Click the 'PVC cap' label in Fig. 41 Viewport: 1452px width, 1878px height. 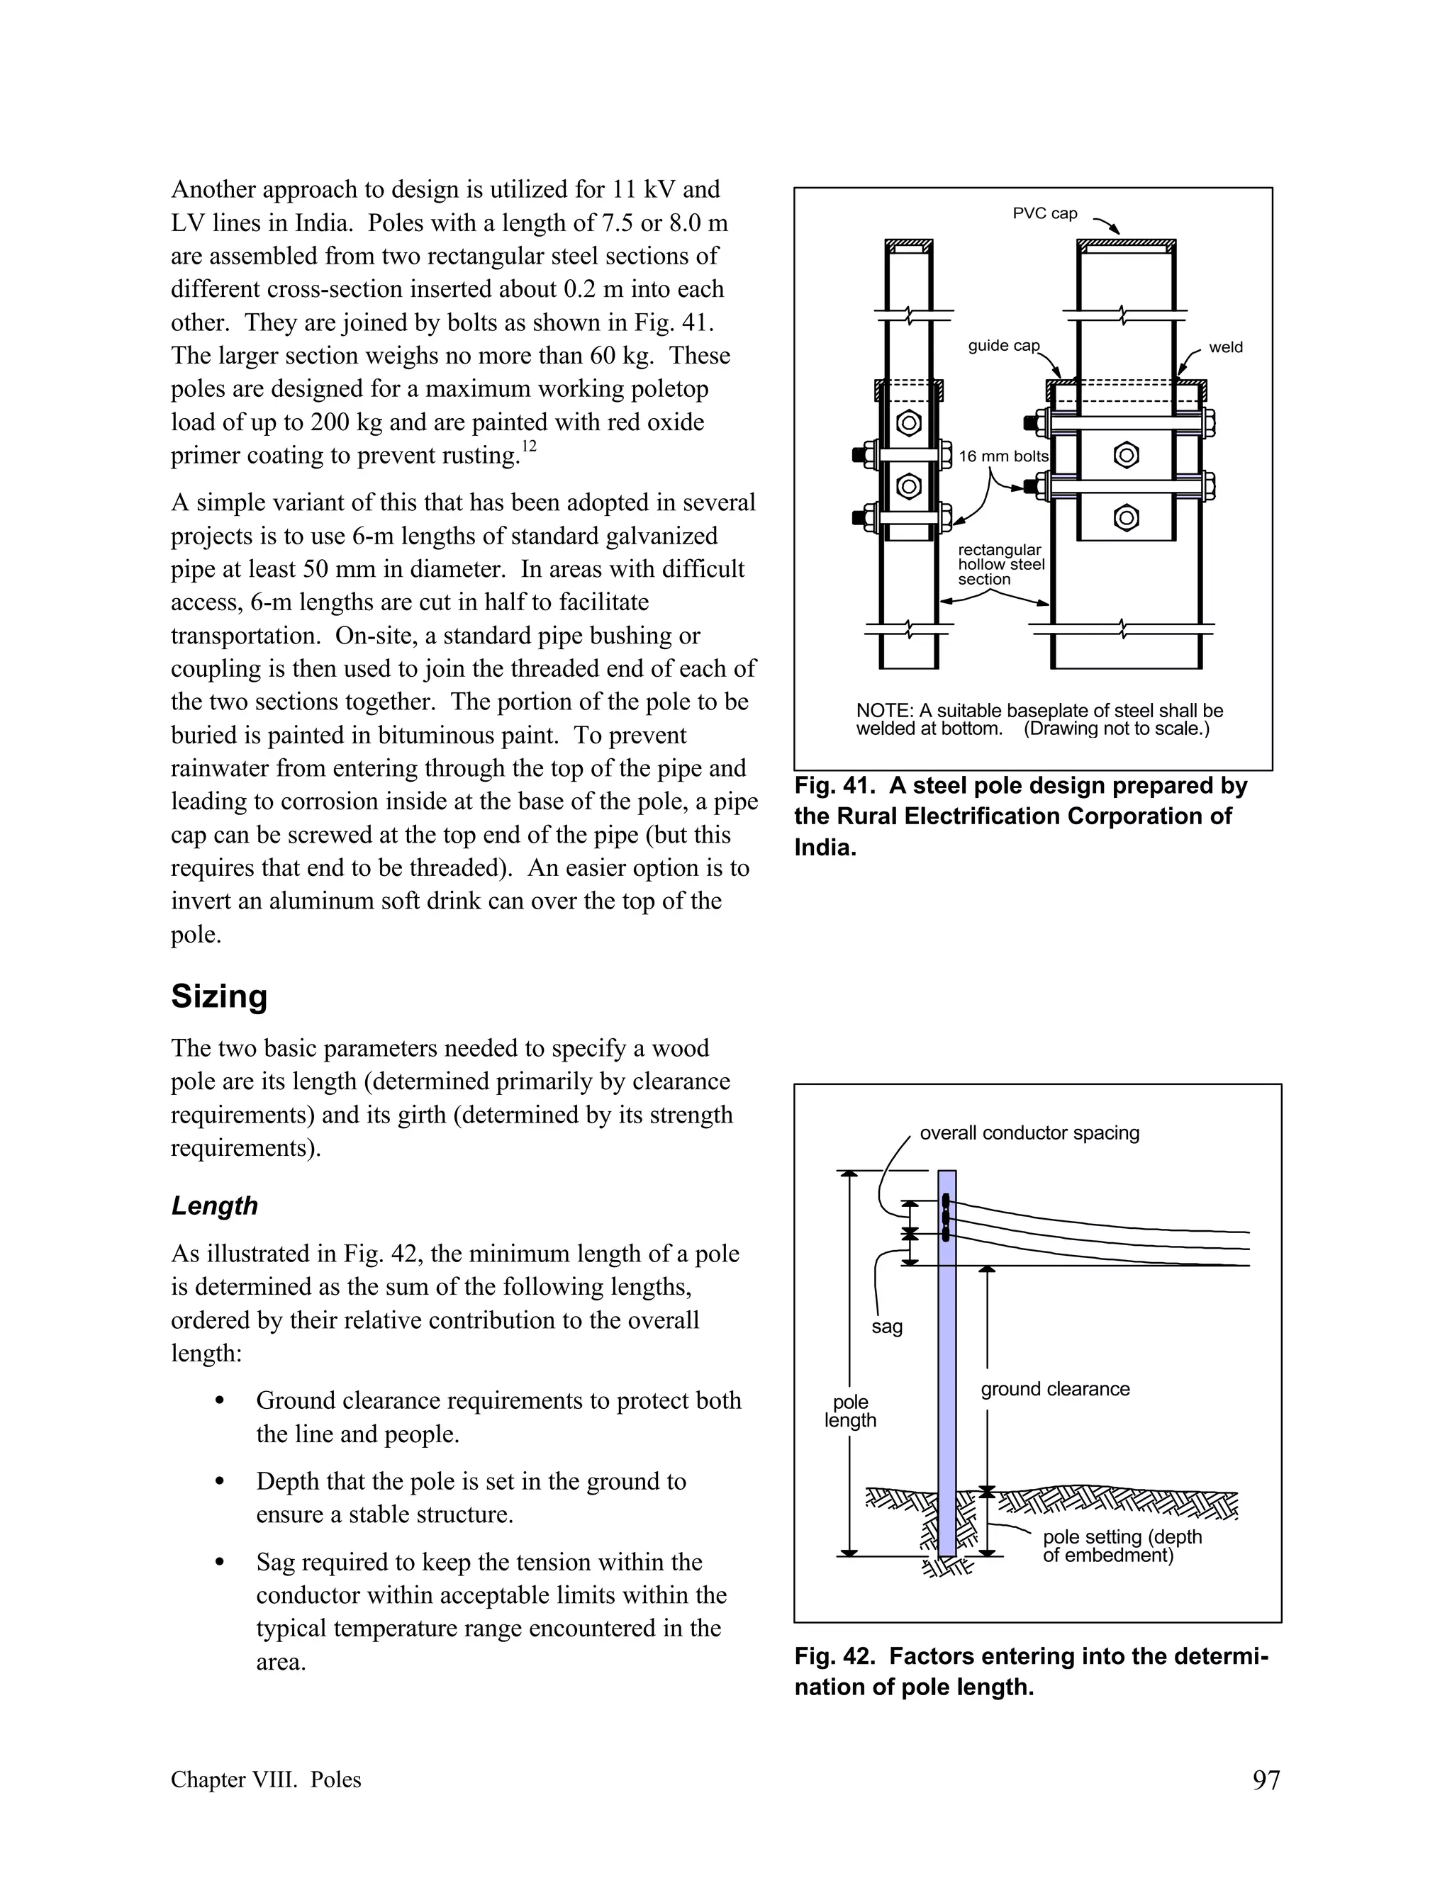[1044, 213]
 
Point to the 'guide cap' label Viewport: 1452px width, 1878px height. [1003, 346]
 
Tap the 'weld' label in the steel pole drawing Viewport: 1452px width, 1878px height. [1225, 347]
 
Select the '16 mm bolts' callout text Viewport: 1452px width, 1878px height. [1003, 456]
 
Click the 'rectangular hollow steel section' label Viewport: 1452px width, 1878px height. [1000, 565]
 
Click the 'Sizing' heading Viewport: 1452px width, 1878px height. [219, 996]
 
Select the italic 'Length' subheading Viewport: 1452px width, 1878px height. [214, 1205]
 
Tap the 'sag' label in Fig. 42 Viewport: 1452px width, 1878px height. [886, 1327]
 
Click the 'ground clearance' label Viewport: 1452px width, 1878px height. [1054, 1389]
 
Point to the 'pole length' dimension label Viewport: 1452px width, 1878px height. [850, 1411]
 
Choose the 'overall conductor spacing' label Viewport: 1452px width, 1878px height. [1029, 1132]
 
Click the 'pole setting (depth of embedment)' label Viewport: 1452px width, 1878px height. [1121, 1545]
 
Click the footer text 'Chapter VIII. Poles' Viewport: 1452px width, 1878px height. [266, 1780]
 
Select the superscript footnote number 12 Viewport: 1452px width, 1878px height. [528, 446]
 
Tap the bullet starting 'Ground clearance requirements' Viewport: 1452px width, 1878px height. [498, 1417]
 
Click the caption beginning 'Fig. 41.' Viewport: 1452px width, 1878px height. [1020, 816]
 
